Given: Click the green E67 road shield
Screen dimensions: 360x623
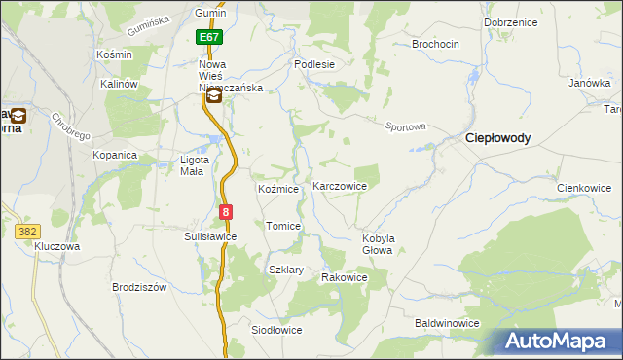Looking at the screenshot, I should point(209,37).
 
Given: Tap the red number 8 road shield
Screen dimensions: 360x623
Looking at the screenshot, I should point(226,211).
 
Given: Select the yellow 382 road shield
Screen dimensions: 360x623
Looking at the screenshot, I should point(26,232).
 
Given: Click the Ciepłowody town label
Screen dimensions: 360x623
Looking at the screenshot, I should point(496,138).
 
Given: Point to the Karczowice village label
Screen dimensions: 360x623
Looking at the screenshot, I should point(339,186).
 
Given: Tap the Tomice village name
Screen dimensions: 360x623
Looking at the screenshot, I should point(283,226).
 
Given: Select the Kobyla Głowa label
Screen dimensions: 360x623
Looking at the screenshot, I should point(377,244).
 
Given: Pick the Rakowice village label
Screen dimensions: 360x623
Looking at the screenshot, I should point(345,277).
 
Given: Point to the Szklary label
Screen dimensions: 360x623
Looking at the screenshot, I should point(286,270).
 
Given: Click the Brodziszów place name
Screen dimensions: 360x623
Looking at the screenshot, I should point(140,288).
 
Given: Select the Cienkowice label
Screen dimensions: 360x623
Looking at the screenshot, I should point(583,188).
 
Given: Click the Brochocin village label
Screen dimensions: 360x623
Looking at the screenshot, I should point(435,45).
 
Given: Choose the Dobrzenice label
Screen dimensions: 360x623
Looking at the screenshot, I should point(510,21).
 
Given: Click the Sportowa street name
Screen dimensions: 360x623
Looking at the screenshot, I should point(406,126).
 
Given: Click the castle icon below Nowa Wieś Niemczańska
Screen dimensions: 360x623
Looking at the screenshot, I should point(213,95).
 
